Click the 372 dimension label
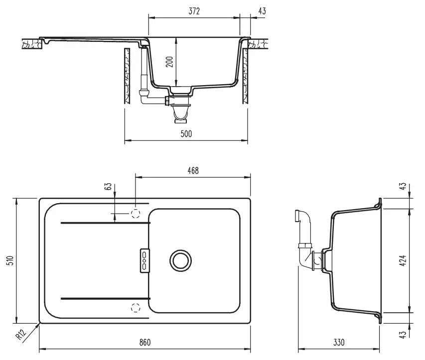pos(194,12)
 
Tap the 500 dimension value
pos(185,134)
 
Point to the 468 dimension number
pos(193,170)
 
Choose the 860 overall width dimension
pos(144,343)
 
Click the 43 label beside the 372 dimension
pos(262,12)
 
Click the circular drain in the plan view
pos(180,260)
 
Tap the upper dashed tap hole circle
pos(135,214)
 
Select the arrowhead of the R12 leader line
pos(39,325)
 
